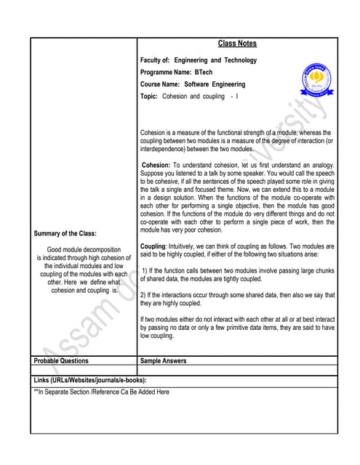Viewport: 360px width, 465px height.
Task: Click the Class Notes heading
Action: click(x=237, y=44)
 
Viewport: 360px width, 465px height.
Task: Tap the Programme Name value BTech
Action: click(x=203, y=73)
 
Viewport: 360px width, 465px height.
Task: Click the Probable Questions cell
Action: click(x=62, y=360)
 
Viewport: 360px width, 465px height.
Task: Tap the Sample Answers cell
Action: click(x=163, y=360)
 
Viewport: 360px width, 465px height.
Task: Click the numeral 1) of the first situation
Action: click(x=145, y=270)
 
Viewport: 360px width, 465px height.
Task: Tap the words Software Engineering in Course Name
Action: click(x=214, y=84)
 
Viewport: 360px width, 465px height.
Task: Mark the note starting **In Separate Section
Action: click(x=102, y=392)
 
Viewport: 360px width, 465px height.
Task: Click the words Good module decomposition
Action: click(x=83, y=250)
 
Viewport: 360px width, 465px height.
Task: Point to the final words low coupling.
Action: click(x=156, y=336)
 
